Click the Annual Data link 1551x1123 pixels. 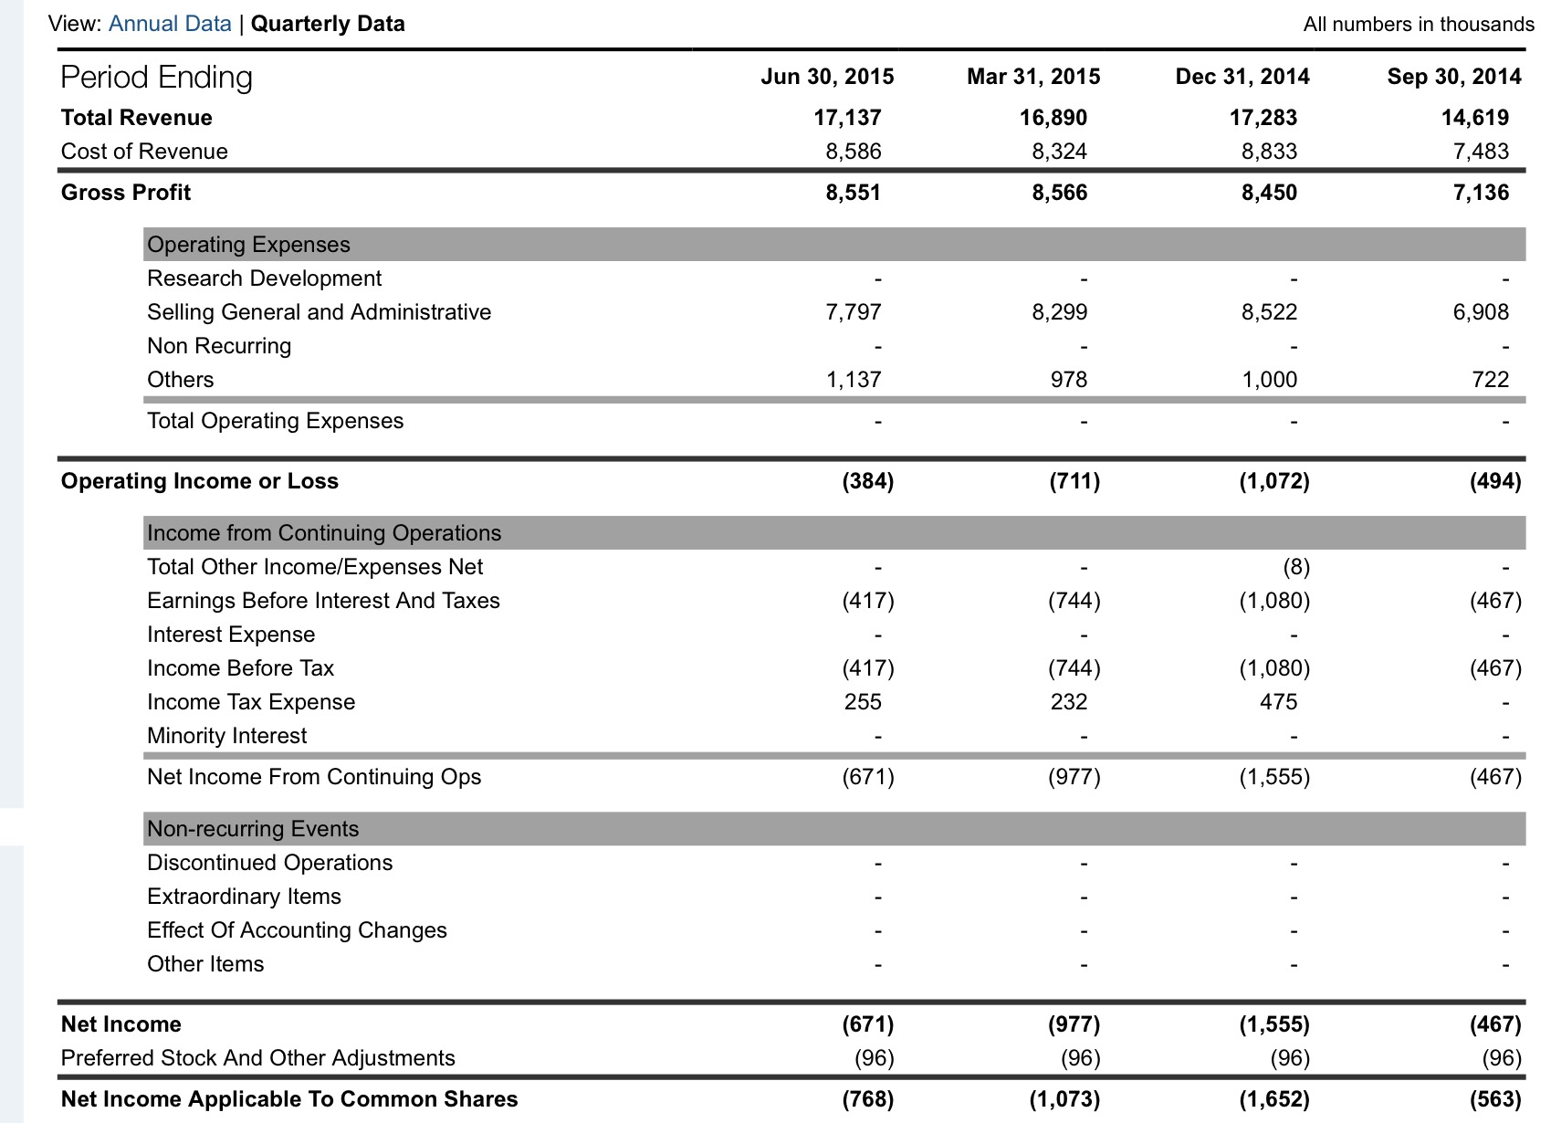170,24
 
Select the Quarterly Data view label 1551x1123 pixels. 328,24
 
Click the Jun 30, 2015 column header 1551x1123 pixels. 827,76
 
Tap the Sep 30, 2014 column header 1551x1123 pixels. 1454,76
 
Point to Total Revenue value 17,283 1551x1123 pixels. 1263,118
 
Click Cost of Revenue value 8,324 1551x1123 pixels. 1059,151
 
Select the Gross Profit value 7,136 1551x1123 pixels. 1481,193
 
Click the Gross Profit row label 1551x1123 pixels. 125,193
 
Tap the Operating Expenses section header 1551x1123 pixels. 248,245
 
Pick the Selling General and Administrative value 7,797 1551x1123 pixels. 853,312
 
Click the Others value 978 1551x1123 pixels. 1068,380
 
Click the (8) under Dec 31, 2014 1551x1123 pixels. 1296,567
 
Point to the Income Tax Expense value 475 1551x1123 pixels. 1278,702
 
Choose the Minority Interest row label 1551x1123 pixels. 226,735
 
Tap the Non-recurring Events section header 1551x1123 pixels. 253,829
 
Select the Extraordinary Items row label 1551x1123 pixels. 244,897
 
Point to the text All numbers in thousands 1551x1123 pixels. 1419,25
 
